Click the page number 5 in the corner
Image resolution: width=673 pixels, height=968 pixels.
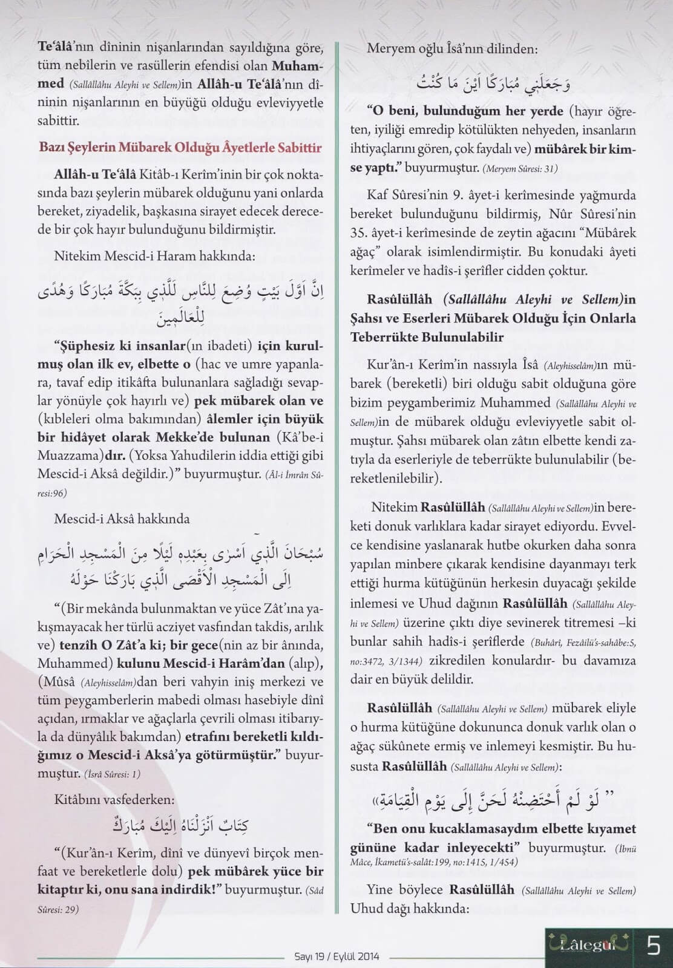[x=653, y=944]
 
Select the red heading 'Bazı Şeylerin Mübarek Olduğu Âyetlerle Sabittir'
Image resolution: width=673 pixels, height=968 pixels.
[x=180, y=148]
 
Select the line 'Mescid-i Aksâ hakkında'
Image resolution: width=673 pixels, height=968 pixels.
[x=122, y=518]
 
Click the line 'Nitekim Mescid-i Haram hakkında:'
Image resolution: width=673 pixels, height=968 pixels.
[x=154, y=256]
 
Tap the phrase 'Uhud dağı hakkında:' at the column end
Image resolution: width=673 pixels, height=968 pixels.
[x=410, y=909]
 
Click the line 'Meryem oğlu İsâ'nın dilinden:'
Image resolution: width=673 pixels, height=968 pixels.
[x=451, y=50]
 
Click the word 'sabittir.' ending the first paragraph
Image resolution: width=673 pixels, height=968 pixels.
[x=58, y=121]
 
